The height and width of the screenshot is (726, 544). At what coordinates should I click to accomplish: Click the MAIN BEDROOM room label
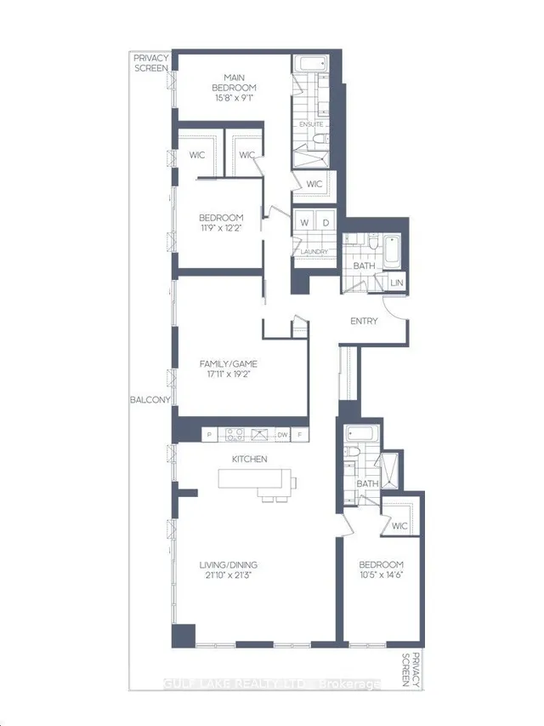pos(234,83)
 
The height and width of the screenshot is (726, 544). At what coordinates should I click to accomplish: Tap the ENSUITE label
pos(311,124)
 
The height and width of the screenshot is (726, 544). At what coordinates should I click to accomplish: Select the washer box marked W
pos(304,223)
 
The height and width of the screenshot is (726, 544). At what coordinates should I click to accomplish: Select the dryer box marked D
pos(326,223)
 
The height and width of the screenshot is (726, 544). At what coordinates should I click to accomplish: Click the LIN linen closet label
pos(397,283)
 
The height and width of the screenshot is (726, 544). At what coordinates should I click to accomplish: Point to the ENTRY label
pos(364,321)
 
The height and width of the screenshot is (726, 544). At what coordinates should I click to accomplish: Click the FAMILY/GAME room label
pos(228,364)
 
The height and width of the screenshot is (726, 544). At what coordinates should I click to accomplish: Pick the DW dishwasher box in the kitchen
pos(282,435)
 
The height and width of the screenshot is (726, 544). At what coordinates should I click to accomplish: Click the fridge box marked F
pos(300,435)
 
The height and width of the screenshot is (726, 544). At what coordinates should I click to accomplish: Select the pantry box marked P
pos(210,435)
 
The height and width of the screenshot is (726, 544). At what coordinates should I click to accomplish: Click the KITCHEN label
pos(249,459)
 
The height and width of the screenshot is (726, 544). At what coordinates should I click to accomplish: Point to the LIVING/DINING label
pos(228,565)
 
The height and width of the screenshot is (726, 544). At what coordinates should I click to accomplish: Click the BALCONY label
pos(150,399)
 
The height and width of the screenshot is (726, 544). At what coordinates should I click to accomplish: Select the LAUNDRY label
pos(314,251)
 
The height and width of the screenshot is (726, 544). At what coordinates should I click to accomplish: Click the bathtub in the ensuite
pos(310,64)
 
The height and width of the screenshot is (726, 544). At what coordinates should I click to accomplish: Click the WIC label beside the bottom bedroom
pos(399,526)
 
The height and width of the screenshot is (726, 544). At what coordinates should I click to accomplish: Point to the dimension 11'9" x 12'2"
pos(221,228)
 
